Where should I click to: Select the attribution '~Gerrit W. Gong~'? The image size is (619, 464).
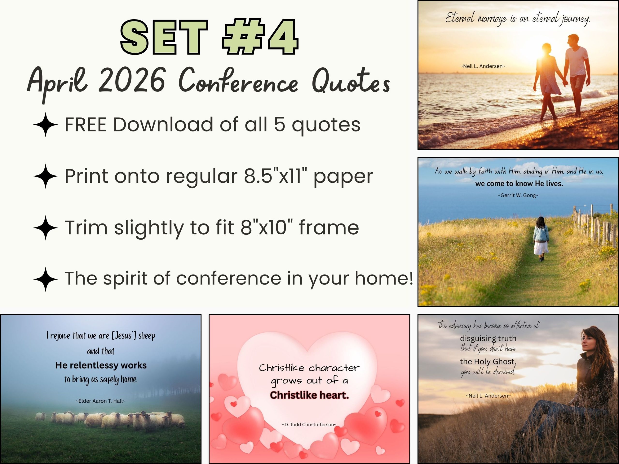point(518,195)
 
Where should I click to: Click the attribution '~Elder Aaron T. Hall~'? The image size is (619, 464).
point(100,401)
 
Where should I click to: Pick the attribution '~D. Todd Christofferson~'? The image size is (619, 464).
point(309,425)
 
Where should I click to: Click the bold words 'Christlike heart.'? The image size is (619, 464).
point(309,395)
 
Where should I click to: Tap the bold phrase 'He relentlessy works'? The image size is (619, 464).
point(101,365)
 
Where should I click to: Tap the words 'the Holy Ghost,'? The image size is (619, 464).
point(488,362)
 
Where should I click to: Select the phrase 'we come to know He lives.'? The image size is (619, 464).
point(519,184)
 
